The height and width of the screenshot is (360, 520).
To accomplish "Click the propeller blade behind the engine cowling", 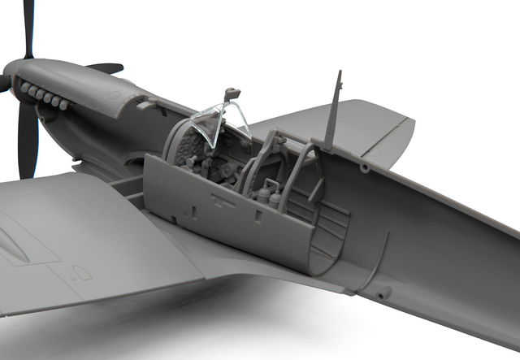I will [x=106, y=68].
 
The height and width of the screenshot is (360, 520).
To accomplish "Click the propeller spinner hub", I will [x=10, y=75].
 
